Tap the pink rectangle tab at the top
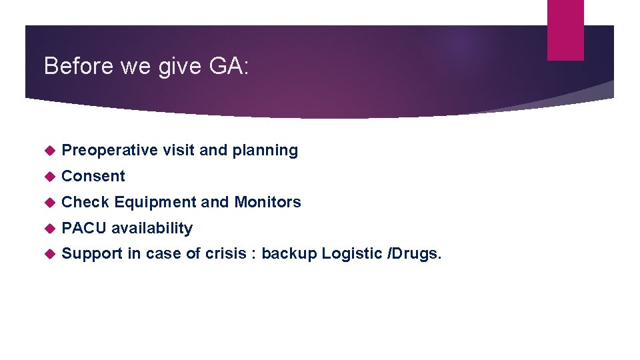tap(565, 30)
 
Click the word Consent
tap(93, 176)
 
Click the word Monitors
tap(267, 202)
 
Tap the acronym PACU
tap(84, 228)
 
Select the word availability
tap(152, 228)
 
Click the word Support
tap(92, 254)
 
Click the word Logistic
tap(352, 254)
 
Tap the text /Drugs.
tap(414, 254)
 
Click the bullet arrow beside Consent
tap(47, 177)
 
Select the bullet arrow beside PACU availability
tap(47, 229)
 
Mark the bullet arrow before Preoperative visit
tap(47, 151)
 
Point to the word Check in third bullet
tap(85, 202)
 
